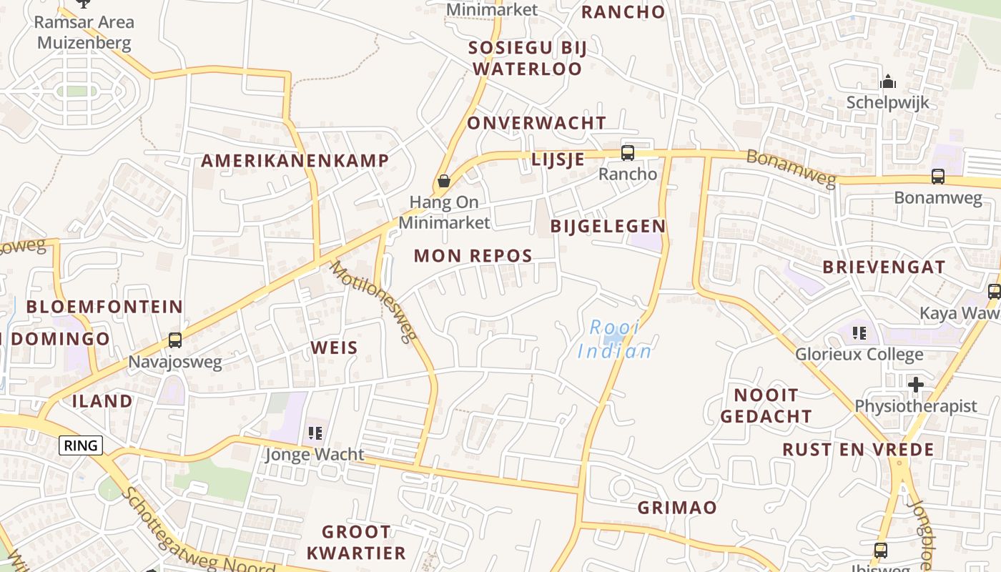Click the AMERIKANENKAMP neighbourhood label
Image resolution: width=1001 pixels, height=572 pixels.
(295, 160)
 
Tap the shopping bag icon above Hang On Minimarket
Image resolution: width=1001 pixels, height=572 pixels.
(444, 181)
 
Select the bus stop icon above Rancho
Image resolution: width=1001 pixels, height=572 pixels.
(627, 152)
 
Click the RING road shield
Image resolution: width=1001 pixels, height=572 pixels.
(81, 445)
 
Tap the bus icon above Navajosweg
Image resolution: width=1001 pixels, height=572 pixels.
(175, 340)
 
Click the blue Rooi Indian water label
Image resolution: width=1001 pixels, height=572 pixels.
(614, 340)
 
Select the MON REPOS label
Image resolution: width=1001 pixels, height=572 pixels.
(473, 256)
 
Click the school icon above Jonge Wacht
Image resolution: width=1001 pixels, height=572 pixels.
(315, 433)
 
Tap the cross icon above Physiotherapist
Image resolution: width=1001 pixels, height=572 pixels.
(915, 385)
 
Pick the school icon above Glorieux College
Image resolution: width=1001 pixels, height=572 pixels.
(859, 332)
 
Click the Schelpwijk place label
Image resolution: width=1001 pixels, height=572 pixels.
(887, 102)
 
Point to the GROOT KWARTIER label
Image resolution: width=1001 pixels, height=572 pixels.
(356, 542)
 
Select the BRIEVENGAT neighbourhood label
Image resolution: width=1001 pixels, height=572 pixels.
(883, 267)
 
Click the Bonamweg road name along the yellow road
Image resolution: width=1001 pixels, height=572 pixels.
(790, 169)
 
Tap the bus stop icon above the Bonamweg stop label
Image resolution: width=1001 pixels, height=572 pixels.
(937, 176)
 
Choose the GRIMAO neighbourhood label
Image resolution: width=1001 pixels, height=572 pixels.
(676, 508)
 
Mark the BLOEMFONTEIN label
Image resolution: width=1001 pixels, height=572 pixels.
(104, 307)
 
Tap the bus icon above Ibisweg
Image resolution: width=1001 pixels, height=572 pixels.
(880, 550)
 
